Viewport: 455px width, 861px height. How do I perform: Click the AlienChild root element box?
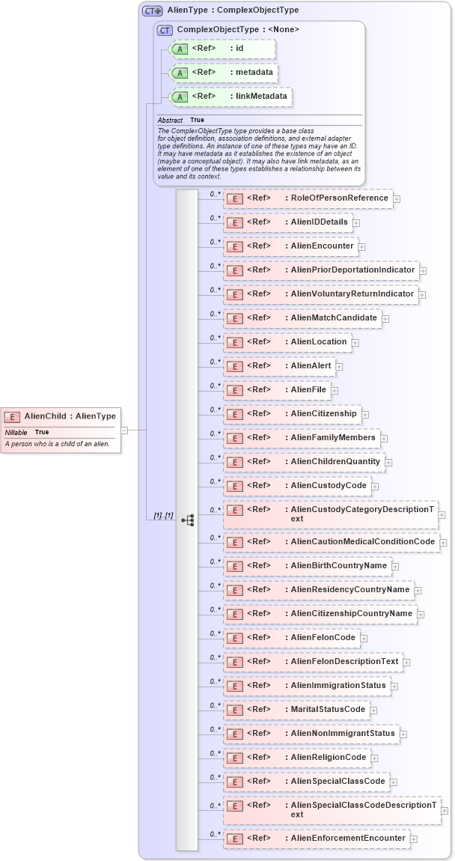click(x=60, y=416)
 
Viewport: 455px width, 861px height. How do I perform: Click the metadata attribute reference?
click(x=225, y=73)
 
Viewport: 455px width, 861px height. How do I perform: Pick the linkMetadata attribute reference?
click(x=230, y=97)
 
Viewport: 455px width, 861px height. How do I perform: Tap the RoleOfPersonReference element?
click(x=308, y=198)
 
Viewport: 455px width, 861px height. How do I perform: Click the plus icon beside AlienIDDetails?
click(x=357, y=222)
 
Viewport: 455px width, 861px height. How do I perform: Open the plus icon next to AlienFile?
click(x=335, y=390)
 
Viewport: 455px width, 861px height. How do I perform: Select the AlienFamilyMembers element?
click(x=301, y=438)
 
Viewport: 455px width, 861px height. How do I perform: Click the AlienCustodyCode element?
click(x=296, y=486)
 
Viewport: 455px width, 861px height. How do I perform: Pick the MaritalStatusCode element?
click(x=296, y=710)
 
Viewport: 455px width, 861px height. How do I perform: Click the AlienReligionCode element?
click(x=296, y=758)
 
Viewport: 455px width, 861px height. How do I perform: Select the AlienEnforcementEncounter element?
click(x=316, y=839)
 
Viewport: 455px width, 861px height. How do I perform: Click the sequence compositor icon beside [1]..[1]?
click(x=187, y=518)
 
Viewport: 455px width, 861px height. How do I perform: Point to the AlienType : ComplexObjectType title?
click(x=233, y=10)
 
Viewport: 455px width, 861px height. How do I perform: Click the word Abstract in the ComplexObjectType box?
click(x=170, y=120)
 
